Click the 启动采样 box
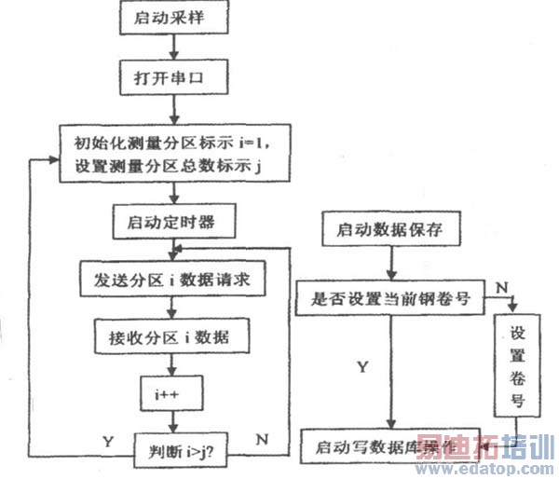[x=173, y=16]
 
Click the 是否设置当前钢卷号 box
[x=390, y=300]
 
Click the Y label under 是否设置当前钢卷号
[x=362, y=367]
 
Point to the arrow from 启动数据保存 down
[x=391, y=263]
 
